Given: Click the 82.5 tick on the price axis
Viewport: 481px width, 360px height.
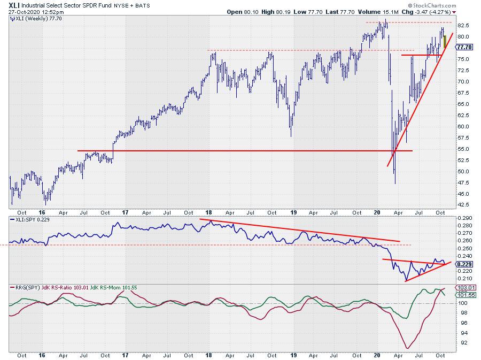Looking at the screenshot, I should (463, 26).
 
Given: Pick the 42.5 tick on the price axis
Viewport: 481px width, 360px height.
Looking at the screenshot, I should (463, 204).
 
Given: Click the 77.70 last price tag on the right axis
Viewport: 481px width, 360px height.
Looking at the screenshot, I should (463, 47).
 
